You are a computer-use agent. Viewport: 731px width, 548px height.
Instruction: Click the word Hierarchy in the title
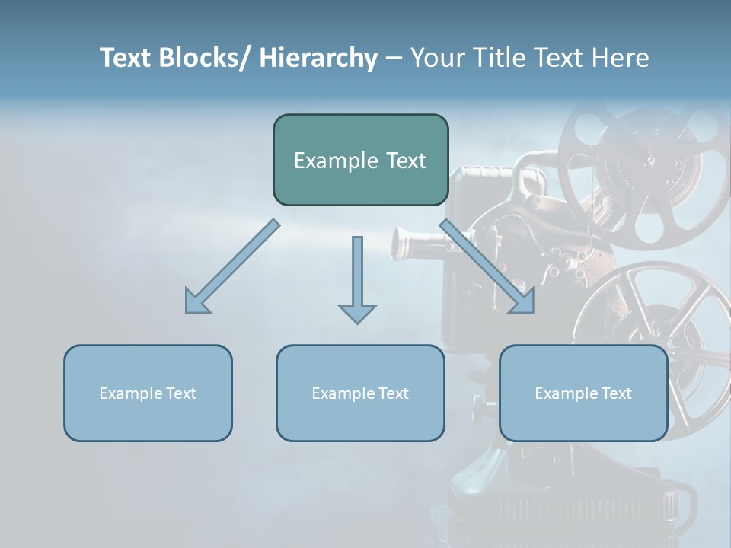click(318, 58)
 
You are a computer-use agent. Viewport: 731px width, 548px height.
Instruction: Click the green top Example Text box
click(360, 160)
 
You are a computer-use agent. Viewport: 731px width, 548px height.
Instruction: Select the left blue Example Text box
click(148, 393)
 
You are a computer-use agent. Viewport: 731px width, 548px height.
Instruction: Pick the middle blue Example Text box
click(360, 393)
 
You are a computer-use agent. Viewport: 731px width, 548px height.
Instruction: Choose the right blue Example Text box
click(583, 393)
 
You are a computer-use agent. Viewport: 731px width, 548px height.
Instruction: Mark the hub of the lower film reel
click(656, 335)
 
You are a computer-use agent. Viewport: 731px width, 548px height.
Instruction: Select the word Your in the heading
click(437, 58)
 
